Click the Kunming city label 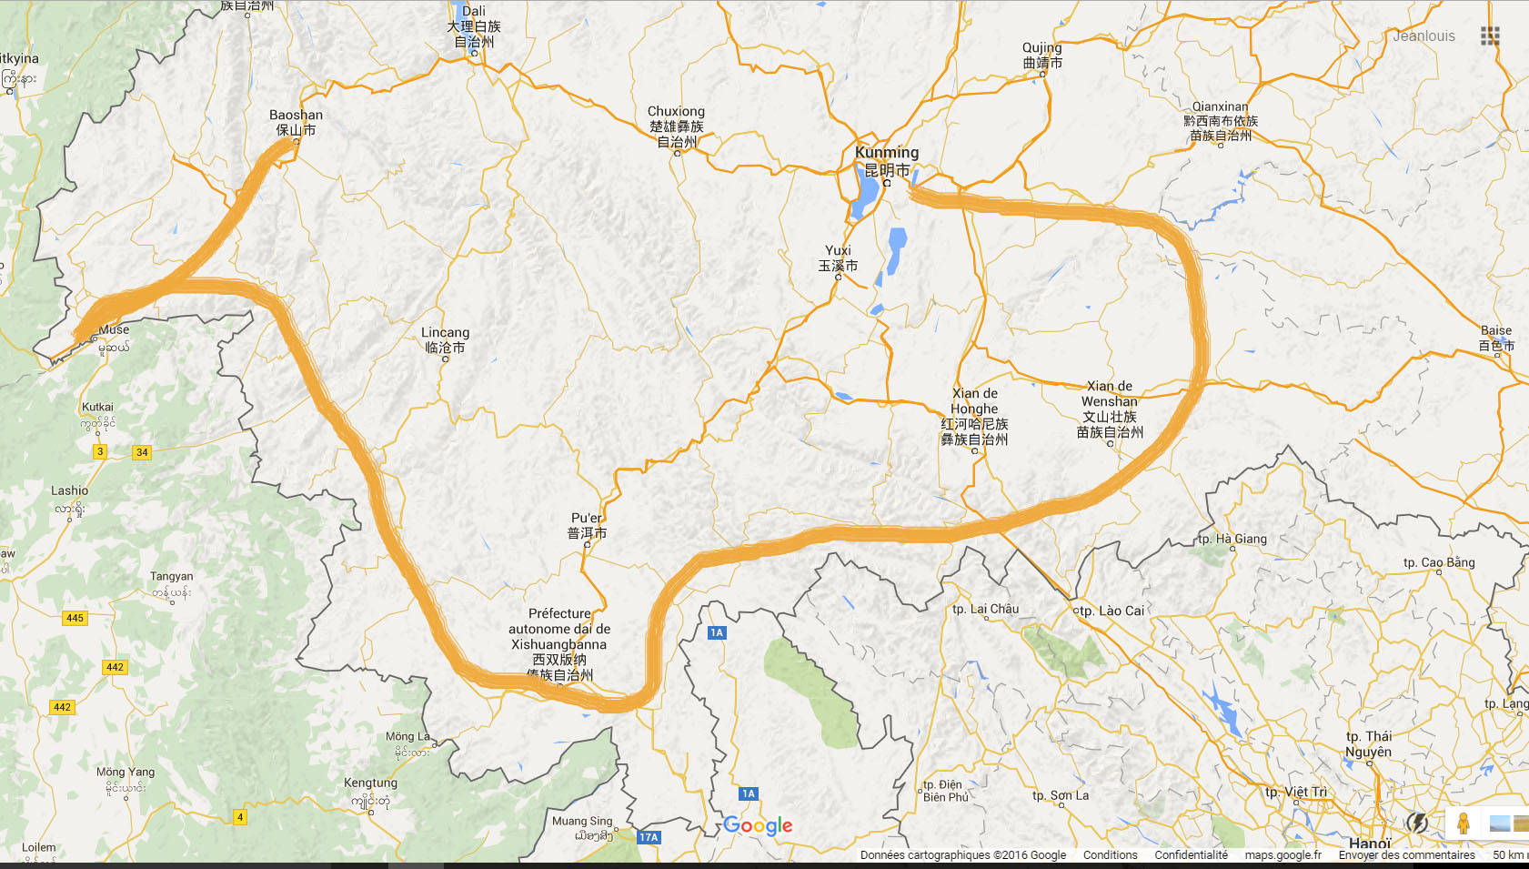(886, 161)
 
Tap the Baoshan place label (296, 122)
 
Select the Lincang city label (445, 339)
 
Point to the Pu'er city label (587, 525)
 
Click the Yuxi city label (838, 258)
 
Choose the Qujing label (1042, 55)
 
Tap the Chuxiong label (676, 126)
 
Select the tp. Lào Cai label (1112, 611)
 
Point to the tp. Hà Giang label (1232, 539)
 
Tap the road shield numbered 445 (75, 618)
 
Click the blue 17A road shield (649, 837)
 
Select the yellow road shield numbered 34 (142, 452)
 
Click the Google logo (758, 825)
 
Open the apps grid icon (1490, 36)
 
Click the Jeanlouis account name (1423, 36)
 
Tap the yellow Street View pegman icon (1463, 824)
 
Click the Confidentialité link (1191, 855)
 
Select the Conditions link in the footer (1110, 855)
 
